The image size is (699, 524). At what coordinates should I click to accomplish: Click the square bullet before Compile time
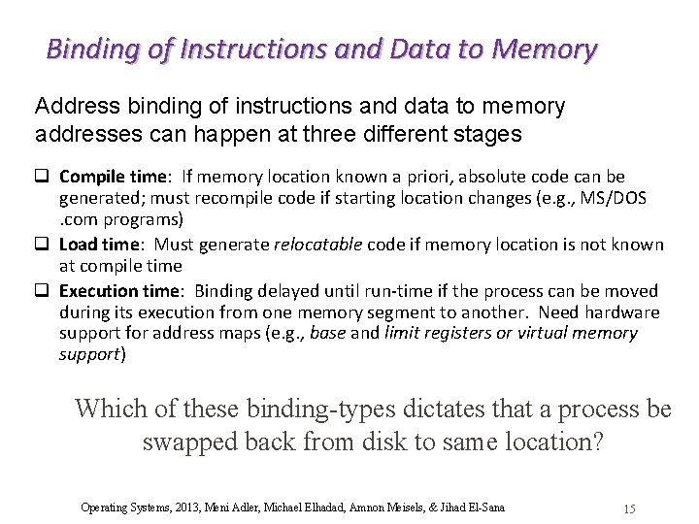pos(43,177)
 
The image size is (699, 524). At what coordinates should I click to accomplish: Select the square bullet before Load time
pos(43,245)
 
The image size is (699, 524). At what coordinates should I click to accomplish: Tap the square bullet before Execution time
pos(43,291)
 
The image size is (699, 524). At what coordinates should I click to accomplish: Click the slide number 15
pos(629,508)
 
